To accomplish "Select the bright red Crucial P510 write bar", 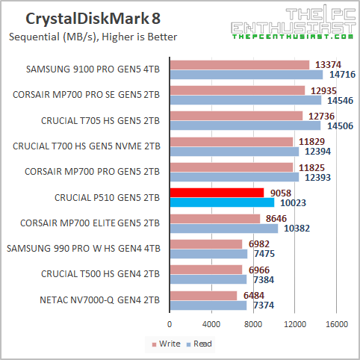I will coord(217,193).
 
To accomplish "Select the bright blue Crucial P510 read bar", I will coord(222,202).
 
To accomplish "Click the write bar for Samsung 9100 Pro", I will coord(239,64).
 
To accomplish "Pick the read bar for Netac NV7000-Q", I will coord(208,305).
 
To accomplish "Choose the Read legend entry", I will coord(199,344).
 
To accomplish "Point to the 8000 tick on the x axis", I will coord(254,324).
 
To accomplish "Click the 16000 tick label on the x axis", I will coord(338,324).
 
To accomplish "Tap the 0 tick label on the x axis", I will coord(170,324).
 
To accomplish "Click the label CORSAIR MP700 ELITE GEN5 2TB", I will coord(86,223).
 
